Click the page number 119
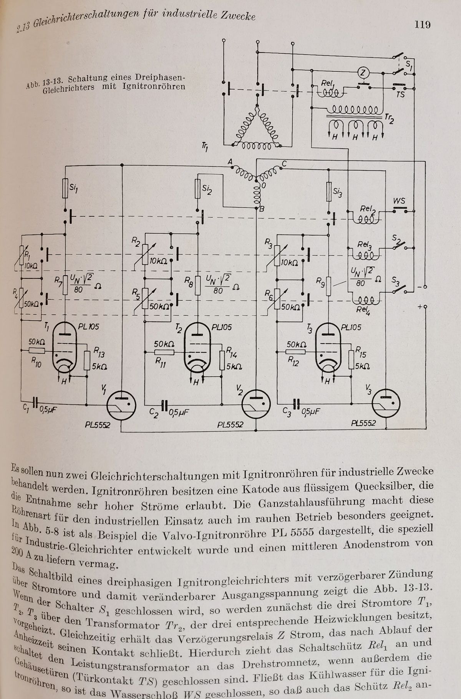422,25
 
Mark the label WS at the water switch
400,201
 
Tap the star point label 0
264,185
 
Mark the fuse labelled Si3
329,192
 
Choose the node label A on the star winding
230,163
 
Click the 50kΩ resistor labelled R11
164,352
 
